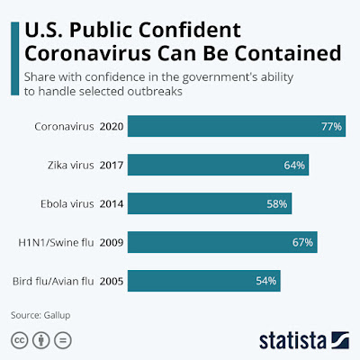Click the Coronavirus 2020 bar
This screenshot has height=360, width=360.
237,126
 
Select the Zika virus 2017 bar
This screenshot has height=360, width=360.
218,165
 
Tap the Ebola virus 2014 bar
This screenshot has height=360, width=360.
210,203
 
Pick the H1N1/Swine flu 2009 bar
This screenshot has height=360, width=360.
222,242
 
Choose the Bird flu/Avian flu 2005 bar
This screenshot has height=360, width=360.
204,281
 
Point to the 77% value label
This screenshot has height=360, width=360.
331,127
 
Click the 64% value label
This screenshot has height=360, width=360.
294,166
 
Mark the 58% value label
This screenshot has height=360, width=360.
277,204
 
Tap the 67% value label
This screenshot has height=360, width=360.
302,242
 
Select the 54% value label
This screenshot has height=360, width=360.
266,281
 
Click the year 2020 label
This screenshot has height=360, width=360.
112,127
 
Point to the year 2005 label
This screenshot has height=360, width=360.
112,282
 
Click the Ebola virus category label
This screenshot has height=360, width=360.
67,204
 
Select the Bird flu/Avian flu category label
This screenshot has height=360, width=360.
53,282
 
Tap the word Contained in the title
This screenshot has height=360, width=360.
288,53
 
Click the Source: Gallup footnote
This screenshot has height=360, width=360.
40,315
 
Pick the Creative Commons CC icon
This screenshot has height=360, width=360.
20,340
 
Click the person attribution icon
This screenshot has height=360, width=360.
41,340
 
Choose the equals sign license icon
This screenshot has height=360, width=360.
63,340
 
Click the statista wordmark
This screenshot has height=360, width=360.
304,340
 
